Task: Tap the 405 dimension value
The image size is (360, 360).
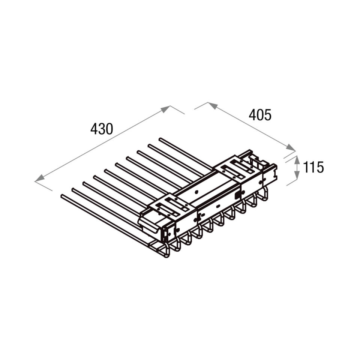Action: coord(260,115)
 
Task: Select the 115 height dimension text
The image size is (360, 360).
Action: coord(313,167)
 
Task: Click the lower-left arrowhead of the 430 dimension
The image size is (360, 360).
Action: coord(39,178)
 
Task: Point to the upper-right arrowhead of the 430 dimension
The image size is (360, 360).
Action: coord(165,109)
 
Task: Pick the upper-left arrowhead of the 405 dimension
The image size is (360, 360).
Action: coord(213,105)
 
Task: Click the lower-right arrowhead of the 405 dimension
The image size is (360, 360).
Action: coord(290,147)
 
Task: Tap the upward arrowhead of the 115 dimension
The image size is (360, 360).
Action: coord(297,160)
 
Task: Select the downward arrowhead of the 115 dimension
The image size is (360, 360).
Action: coord(297,175)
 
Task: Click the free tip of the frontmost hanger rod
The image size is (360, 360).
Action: coord(62,196)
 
